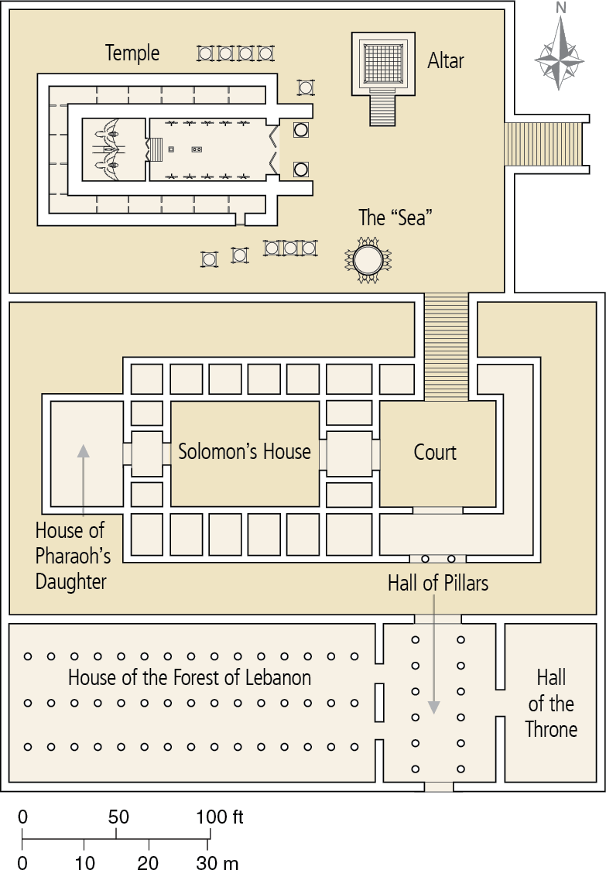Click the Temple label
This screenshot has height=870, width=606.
pos(132,53)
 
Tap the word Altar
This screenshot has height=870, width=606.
pos(446,60)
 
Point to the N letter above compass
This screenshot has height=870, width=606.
pos(561,9)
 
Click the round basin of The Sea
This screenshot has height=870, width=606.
pos(368,258)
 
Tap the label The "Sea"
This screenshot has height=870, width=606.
pos(395,217)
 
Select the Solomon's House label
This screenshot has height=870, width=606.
pos(245,452)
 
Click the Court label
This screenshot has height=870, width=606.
pos(435,453)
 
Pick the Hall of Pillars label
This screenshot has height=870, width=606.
pos(438,583)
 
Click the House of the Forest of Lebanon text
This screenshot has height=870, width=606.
pos(190,678)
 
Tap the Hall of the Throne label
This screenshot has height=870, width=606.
pos(551,704)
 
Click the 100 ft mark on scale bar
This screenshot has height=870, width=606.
pos(218,817)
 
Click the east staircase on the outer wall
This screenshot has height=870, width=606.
pos(545,144)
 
